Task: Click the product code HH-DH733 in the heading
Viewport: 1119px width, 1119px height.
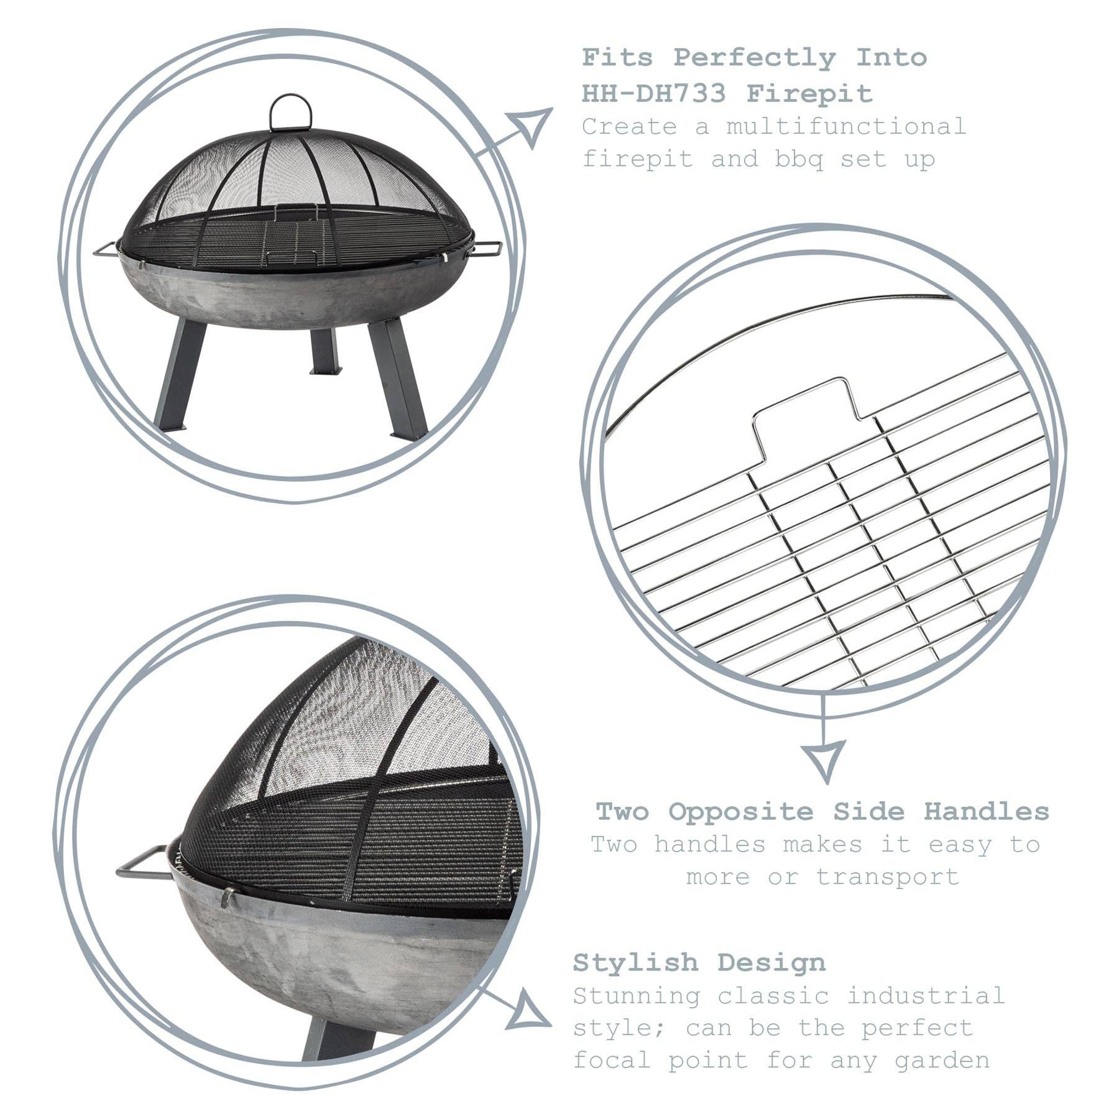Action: pyautogui.click(x=654, y=94)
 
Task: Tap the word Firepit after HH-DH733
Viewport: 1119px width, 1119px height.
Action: pyautogui.click(x=809, y=94)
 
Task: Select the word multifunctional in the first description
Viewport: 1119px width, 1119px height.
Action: pyautogui.click(x=846, y=126)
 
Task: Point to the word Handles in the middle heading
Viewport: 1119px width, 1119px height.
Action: pyautogui.click(x=986, y=811)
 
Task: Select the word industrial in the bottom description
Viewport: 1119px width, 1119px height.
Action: pyautogui.click(x=926, y=995)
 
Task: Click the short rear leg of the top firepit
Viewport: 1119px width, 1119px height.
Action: pyautogui.click(x=325, y=352)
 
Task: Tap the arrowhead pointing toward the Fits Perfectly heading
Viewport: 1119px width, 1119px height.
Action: pyautogui.click(x=532, y=126)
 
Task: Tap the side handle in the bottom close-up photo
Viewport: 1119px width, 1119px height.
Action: pyautogui.click(x=140, y=863)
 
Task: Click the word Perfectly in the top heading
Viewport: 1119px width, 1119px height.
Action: pyautogui.click(x=755, y=58)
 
